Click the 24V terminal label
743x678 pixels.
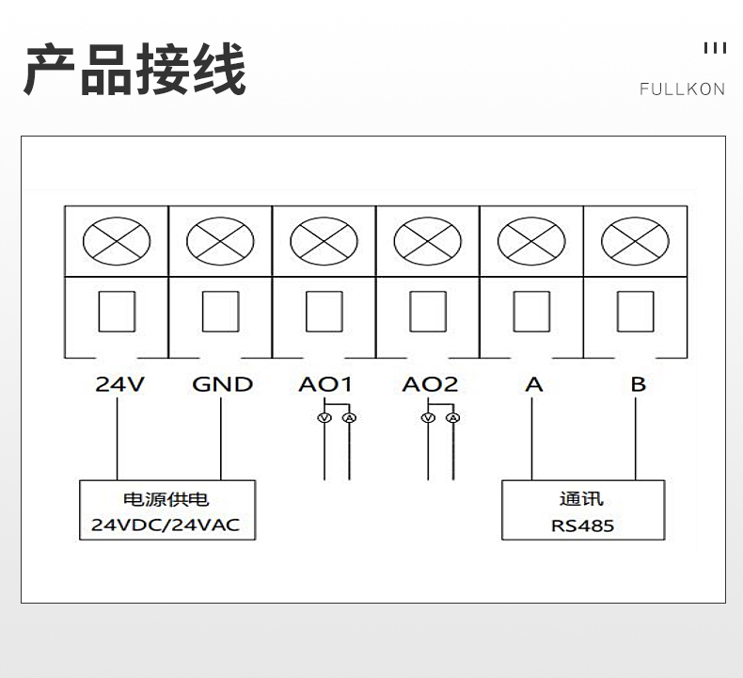(119, 384)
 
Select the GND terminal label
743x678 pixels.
(222, 384)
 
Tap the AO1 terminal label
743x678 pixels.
(325, 384)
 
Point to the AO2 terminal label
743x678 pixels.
(430, 384)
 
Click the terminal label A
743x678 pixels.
(534, 384)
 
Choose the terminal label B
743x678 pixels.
(639, 384)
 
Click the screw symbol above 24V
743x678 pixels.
(117, 241)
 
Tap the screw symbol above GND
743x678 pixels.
(220, 241)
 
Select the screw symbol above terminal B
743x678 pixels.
(635, 241)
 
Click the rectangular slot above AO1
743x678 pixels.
(324, 312)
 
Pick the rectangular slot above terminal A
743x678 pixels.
(531, 312)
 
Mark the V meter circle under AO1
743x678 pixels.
(324, 417)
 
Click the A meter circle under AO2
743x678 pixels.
(453, 417)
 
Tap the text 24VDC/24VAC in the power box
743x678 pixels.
(166, 525)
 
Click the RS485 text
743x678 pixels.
(582, 525)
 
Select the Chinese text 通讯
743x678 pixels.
(581, 499)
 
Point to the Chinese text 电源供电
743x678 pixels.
(166, 499)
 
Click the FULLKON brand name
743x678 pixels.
(683, 89)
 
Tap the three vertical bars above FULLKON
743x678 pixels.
(715, 48)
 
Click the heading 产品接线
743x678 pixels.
(135, 70)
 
